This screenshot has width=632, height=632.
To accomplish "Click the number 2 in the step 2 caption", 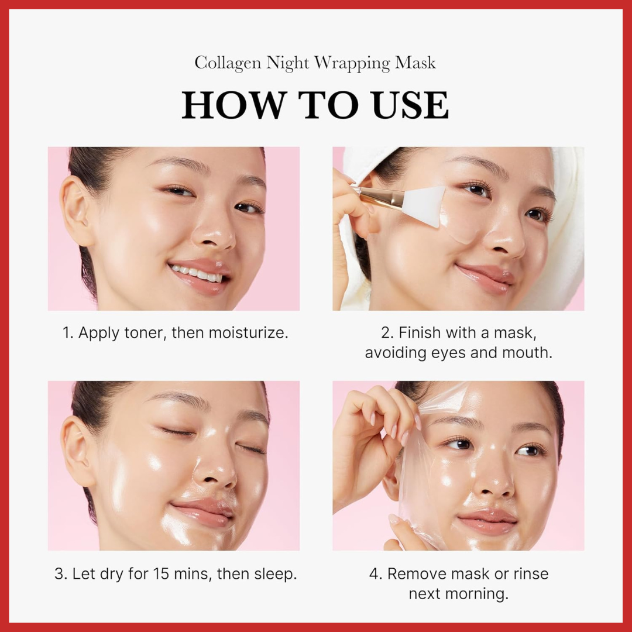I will tap(386, 333).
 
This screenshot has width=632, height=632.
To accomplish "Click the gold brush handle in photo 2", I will tap(383, 197).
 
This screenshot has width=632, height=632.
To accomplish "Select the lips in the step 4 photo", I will tap(487, 521).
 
